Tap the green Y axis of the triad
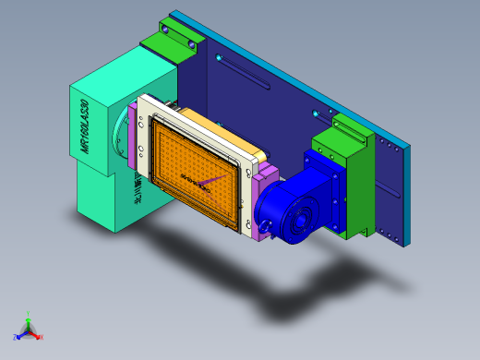(x=28, y=319)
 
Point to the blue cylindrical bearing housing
(x=291, y=208)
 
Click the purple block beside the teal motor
(x=136, y=138)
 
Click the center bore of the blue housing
(x=299, y=222)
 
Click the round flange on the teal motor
(x=119, y=138)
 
